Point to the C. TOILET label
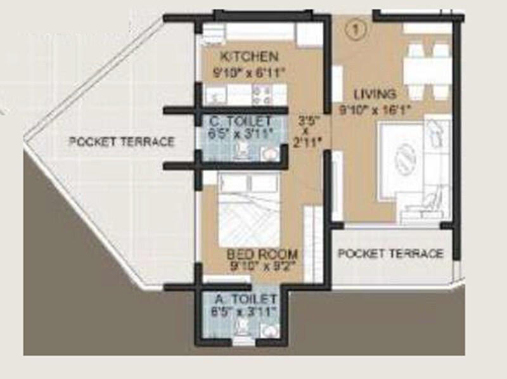click(x=241, y=120)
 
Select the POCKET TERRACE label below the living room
click(x=390, y=254)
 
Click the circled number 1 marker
click(x=355, y=28)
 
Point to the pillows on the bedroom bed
click(x=248, y=183)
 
